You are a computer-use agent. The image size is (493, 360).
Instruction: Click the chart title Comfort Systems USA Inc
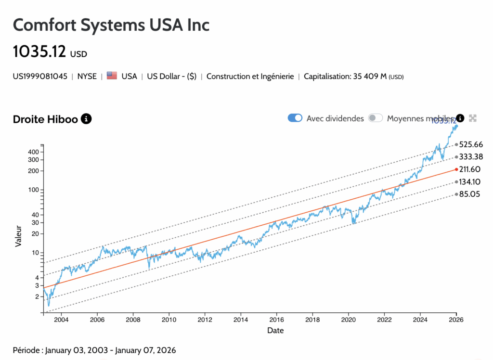111,25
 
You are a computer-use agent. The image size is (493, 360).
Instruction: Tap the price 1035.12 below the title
39,51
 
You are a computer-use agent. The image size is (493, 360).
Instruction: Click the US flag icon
112,76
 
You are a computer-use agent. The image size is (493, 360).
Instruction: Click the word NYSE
87,77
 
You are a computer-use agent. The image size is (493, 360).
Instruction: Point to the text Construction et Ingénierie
250,77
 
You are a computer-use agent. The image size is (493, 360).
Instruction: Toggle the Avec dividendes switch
295,118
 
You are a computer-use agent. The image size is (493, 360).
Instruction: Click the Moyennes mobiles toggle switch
376,118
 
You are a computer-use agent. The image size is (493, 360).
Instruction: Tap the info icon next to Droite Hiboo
86,118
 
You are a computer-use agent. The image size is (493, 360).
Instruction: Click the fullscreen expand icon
473,118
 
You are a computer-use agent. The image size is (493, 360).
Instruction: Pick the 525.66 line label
471,144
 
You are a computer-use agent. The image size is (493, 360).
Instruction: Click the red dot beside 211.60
456,169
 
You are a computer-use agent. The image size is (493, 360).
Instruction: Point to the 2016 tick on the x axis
276,320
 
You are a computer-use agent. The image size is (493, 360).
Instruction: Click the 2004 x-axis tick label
61,320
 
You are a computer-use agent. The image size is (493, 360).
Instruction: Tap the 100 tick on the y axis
33,190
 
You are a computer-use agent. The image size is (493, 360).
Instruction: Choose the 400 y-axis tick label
33,152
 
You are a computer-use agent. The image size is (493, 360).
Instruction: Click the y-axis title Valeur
18,236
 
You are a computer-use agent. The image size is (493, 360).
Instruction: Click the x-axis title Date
276,331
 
